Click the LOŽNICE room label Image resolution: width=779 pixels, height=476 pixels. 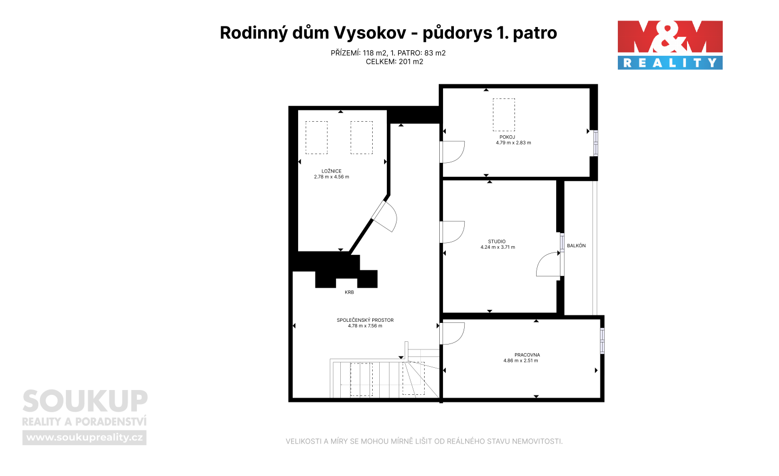332,171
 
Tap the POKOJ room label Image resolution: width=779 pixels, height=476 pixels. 507,137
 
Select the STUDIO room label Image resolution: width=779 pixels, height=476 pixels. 497,241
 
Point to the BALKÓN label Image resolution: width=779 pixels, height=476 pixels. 576,246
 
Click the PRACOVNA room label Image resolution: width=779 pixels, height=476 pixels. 527,355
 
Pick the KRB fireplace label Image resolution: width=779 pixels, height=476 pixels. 349,293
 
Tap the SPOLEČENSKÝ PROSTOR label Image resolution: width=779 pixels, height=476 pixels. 365,320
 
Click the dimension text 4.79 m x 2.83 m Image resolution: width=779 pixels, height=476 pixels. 513,143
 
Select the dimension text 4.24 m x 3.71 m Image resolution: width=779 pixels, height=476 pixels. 498,247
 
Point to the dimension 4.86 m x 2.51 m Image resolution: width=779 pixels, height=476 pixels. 520,361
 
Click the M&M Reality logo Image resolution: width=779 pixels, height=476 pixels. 670,45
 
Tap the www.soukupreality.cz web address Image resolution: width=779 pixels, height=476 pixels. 84,438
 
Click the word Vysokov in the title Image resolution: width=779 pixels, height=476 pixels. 370,33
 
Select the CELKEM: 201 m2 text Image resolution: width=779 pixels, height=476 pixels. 394,62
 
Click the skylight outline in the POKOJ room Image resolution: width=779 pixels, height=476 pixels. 504,115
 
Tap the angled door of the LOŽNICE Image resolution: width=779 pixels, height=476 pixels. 384,216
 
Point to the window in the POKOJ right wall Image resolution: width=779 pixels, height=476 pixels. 596,143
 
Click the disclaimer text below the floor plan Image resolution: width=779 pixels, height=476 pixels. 424,441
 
